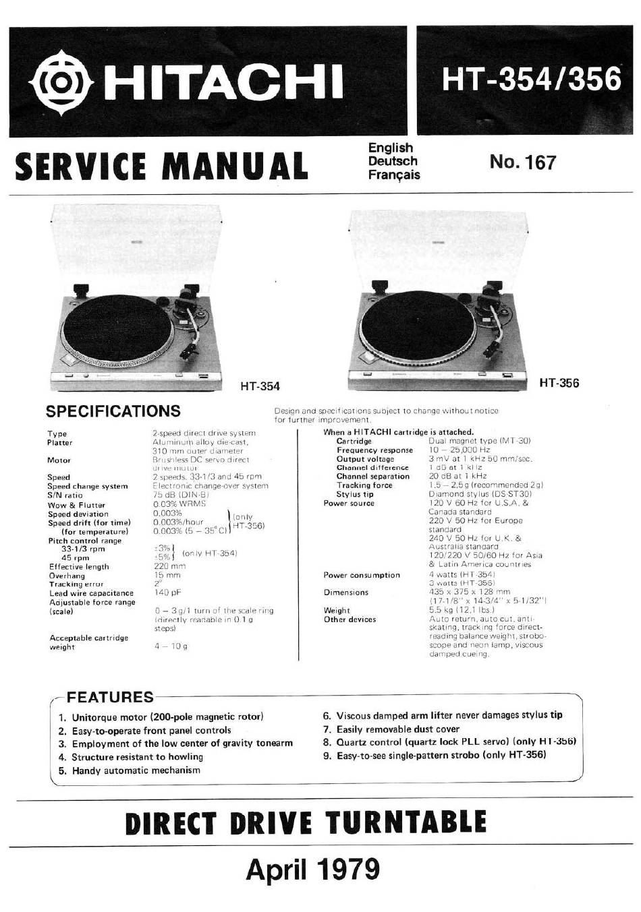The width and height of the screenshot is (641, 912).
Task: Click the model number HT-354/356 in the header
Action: tap(530, 79)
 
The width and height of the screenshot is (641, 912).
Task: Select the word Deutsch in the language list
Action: tap(393, 161)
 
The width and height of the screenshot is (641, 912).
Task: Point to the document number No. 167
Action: tap(523, 162)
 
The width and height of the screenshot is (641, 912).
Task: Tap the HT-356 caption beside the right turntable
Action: tap(559, 383)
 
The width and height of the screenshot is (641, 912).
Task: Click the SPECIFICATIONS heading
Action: tap(113, 411)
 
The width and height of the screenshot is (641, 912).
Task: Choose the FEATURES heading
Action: tap(110, 697)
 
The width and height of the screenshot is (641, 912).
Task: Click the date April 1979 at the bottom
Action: tap(312, 869)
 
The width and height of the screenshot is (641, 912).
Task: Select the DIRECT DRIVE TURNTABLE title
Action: tap(306, 822)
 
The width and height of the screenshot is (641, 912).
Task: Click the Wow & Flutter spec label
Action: tap(76, 505)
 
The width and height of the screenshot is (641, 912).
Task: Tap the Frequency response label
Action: tap(374, 450)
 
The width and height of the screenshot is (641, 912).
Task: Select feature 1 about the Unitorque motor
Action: tap(161, 717)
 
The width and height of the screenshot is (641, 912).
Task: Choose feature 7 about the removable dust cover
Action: tap(391, 729)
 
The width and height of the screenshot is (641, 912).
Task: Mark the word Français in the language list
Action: tap(394, 175)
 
